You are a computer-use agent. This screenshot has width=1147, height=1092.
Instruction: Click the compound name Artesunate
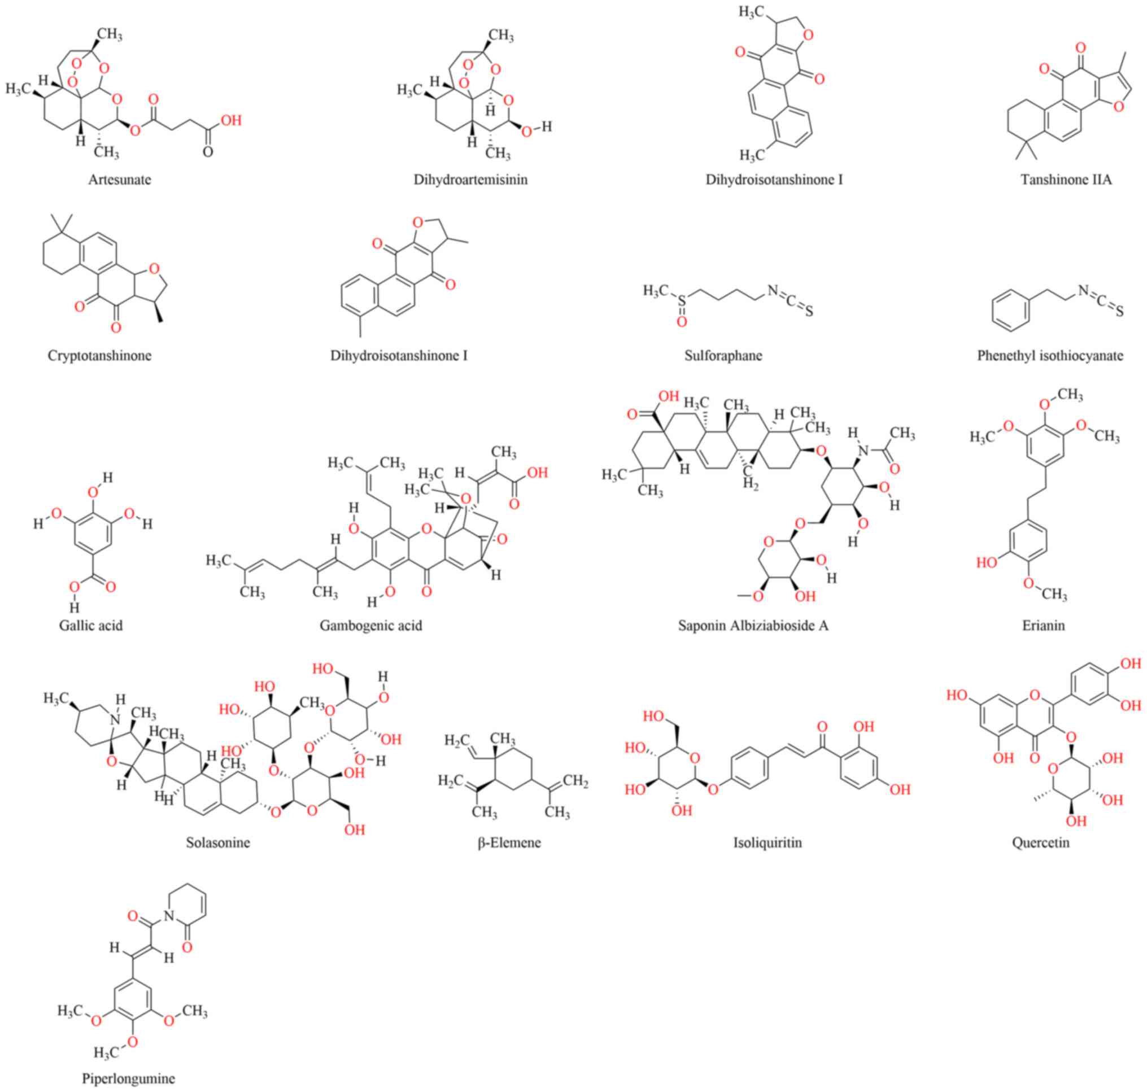[x=119, y=180]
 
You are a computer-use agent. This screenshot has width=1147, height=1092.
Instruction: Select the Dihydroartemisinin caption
[x=470, y=180]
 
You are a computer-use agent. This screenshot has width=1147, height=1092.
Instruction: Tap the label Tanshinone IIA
[x=1066, y=180]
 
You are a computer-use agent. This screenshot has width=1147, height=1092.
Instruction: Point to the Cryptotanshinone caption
[x=99, y=356]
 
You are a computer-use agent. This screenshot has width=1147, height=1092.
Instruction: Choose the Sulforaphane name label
[x=723, y=356]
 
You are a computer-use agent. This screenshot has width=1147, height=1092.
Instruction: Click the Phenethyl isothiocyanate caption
[x=1050, y=356]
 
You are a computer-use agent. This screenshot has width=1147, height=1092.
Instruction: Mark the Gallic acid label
[x=91, y=626]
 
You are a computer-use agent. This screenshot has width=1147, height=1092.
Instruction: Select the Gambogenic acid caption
[x=371, y=626]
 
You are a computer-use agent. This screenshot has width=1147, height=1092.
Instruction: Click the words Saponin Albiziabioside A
[x=753, y=626]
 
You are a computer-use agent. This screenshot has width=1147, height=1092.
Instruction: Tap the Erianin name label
[x=1043, y=626]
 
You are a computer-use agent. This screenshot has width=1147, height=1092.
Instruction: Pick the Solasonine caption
[x=218, y=842]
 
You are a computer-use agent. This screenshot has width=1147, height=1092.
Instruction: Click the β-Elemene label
[x=509, y=842]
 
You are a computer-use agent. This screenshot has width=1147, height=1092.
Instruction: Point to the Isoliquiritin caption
[x=767, y=842]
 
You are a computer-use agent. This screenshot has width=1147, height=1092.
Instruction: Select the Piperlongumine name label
[x=128, y=1078]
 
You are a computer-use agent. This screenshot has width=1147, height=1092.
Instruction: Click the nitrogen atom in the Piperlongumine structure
[x=169, y=917]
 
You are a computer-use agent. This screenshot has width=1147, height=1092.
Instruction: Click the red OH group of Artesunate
[x=230, y=121]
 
